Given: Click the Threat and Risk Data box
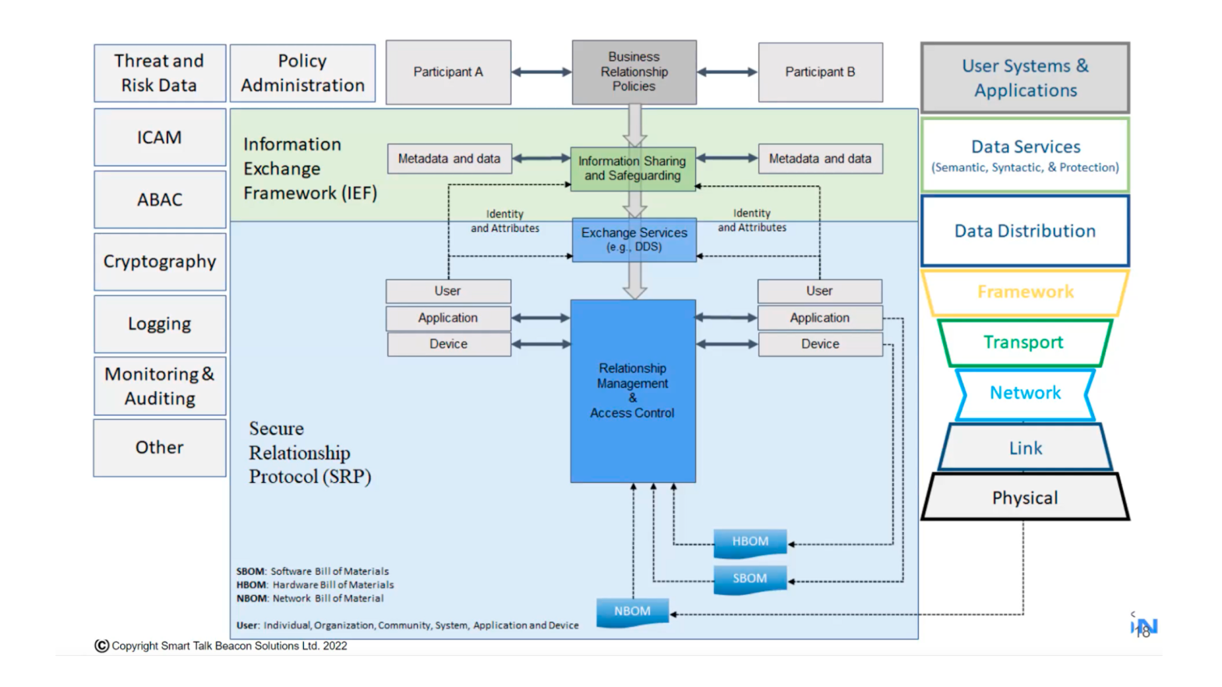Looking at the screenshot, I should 160,73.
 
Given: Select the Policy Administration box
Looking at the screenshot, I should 302,73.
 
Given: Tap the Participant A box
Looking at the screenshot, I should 448,72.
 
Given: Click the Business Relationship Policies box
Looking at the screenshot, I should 634,72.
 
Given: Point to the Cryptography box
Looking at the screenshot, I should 160,262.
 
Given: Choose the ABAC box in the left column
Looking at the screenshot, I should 160,200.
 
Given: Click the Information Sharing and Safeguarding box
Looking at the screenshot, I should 632,168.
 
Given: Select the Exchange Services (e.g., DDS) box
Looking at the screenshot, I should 634,240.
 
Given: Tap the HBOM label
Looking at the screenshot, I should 750,542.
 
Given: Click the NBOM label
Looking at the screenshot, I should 632,611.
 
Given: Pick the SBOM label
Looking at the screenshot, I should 750,579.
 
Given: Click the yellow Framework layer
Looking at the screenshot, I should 1025,292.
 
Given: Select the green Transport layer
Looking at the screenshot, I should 1023,343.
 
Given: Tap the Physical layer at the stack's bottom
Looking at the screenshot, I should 1025,498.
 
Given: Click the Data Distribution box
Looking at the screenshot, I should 1025,231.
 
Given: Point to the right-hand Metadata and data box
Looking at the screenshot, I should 820,159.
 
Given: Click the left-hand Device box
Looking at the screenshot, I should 449,344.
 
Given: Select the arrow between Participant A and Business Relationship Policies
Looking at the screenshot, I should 542,72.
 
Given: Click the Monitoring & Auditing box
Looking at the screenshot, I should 160,386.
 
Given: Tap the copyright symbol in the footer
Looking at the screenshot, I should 101,646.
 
